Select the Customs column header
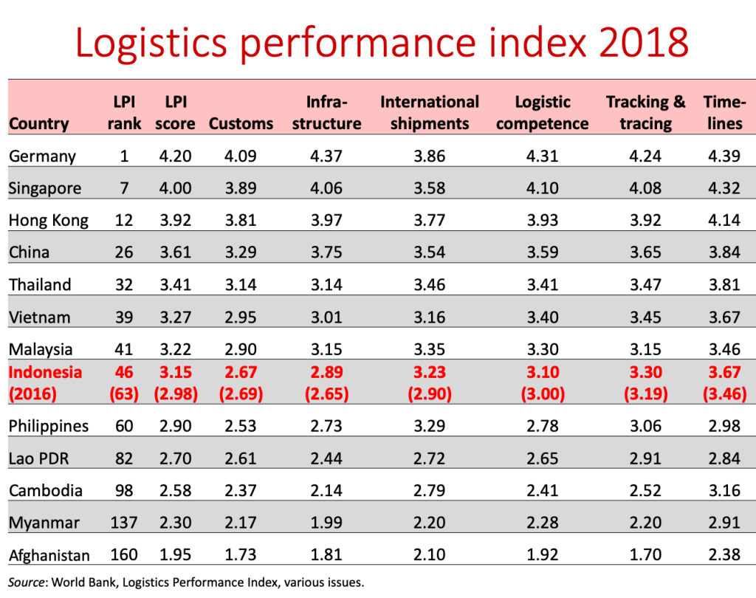(x=241, y=123)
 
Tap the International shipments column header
(x=429, y=112)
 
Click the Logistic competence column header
(x=542, y=112)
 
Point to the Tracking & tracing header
(x=645, y=112)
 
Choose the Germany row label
(x=42, y=156)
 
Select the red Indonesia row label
(x=45, y=372)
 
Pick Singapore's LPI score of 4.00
(x=175, y=188)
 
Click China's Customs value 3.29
(x=241, y=252)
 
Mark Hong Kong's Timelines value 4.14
(x=724, y=220)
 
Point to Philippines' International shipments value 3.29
(x=429, y=426)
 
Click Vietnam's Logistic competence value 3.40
(x=542, y=317)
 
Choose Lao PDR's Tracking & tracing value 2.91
(x=645, y=458)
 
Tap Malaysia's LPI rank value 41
(x=123, y=349)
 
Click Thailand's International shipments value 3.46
(x=429, y=284)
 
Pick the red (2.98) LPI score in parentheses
(x=175, y=393)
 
